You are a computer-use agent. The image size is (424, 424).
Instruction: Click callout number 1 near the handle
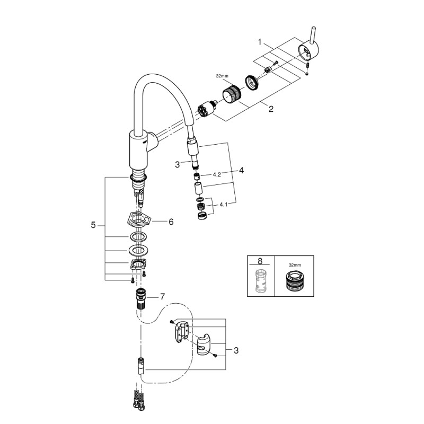(260, 41)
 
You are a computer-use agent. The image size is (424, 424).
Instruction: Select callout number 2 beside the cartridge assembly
(271, 110)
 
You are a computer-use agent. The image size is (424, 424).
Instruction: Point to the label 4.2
(217, 174)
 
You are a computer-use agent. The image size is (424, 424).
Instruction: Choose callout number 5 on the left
(93, 225)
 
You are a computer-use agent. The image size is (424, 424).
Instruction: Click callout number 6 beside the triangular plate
(171, 222)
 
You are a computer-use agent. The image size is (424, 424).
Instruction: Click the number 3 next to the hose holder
(236, 350)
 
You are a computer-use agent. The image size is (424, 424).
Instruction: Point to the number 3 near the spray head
(178, 165)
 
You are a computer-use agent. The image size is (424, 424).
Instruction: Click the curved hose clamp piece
(203, 345)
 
